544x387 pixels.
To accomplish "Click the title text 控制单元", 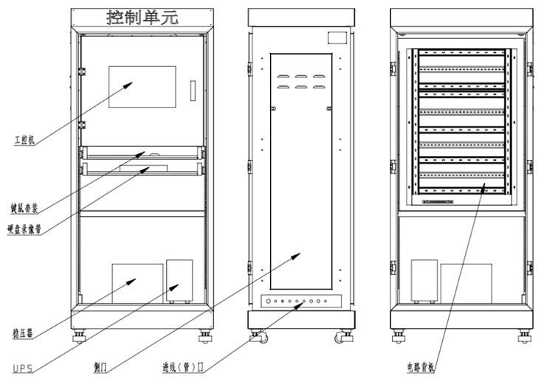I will tap(142, 16).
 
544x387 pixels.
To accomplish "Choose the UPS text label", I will tap(22, 368).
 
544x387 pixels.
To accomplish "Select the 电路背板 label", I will tap(422, 366).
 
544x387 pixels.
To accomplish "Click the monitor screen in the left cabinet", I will tap(142, 88).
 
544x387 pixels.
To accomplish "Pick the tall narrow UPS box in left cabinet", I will tap(179, 280).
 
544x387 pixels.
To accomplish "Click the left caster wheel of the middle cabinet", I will tap(258, 338).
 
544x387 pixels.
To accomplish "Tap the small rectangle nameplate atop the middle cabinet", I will tap(337, 37).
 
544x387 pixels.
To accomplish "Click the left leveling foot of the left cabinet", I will tap(79, 337).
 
